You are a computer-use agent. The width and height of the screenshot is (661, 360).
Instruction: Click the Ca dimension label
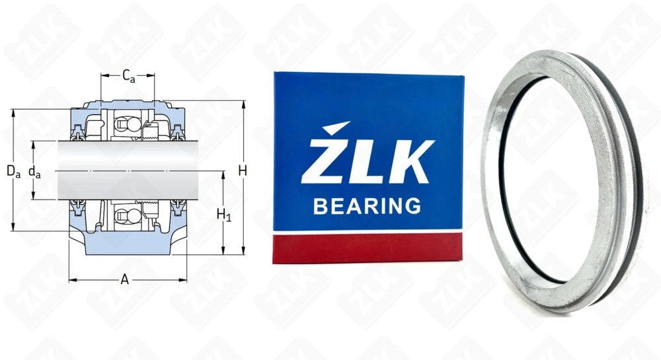tap(129, 76)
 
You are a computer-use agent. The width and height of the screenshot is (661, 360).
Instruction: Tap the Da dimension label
tap(13, 171)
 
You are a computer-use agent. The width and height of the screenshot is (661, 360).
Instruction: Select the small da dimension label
tap(34, 172)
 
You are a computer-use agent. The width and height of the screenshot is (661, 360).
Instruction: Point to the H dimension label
tap(243, 170)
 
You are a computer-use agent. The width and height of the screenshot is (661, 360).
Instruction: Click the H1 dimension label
tap(224, 215)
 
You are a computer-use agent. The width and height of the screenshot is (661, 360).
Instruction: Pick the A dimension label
tap(124, 279)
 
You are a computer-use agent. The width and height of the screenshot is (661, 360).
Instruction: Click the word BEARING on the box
tap(367, 206)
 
